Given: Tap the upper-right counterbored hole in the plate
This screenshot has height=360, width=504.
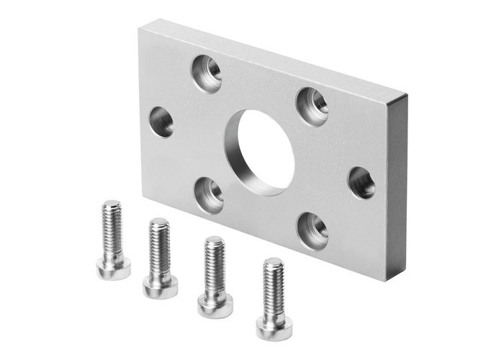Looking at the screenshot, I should click(312, 105).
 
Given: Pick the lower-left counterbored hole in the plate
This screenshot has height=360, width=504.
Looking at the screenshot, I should click(210, 193).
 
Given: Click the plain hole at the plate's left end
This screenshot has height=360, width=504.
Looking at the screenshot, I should click(161, 122).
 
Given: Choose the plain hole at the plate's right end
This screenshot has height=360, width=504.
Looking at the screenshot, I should click(361, 182).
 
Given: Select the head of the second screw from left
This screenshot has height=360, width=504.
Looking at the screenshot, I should click(160, 285).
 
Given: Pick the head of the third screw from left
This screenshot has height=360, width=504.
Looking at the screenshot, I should click(215, 305).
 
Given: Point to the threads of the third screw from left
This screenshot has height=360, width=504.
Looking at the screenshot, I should click(214, 265).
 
